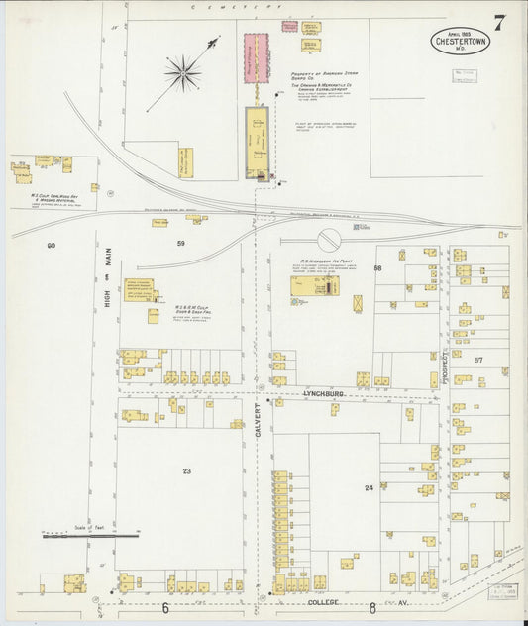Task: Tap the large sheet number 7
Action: coord(501,23)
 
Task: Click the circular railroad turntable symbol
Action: coord(328,239)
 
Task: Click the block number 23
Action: coord(185,471)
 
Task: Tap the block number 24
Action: coord(369,487)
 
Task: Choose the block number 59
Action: coord(180,243)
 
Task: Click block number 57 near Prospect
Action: coord(478,359)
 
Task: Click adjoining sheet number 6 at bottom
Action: coord(166,607)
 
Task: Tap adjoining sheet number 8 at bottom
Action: coord(372,607)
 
